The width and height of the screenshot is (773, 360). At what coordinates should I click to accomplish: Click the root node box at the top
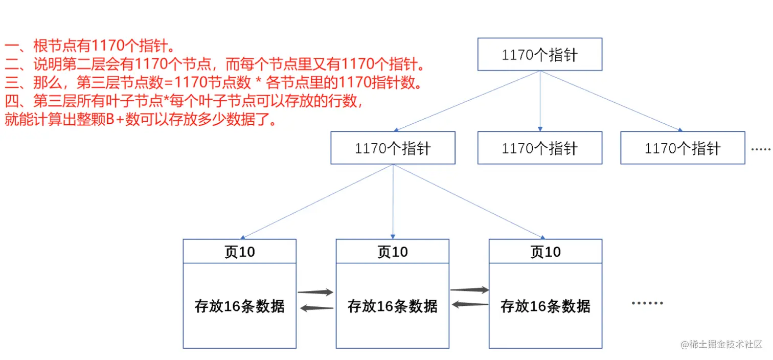pos(539,54)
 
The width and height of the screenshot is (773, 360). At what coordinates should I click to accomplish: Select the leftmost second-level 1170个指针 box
pos(393,148)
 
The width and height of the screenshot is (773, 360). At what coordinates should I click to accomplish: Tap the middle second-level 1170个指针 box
pos(539,148)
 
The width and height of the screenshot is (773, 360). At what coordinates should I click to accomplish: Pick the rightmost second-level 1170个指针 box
pos(682,148)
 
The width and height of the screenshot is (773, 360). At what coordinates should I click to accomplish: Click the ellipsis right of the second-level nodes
pos(761,149)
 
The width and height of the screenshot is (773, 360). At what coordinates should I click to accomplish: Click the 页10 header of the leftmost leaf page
pos(239,252)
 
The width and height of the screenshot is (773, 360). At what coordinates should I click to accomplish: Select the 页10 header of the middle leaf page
pos(392,252)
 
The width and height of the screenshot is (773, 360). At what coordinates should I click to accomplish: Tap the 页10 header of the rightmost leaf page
pos(545,252)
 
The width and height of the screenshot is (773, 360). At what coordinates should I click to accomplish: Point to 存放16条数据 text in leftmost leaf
pos(239,306)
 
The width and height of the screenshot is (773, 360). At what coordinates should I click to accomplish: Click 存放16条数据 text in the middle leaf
pos(392,306)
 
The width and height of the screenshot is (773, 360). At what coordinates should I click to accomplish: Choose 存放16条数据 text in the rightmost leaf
pos(545,306)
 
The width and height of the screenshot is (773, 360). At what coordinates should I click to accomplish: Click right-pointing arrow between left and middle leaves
pos(315,292)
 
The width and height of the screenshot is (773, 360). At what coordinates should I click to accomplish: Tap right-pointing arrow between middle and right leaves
pos(469,290)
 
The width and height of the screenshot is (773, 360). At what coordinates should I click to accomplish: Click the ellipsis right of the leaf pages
pos(647,303)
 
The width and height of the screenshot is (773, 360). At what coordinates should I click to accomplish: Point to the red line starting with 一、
pos(90,47)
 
